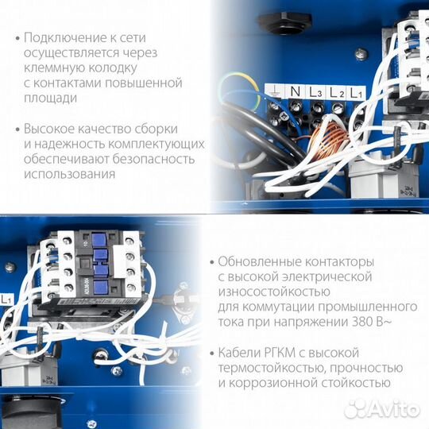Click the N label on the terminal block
coord(296,92)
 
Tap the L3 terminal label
coord(316,93)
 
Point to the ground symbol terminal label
coord(275,91)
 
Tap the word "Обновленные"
coord(253,261)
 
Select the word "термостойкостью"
coord(265,367)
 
